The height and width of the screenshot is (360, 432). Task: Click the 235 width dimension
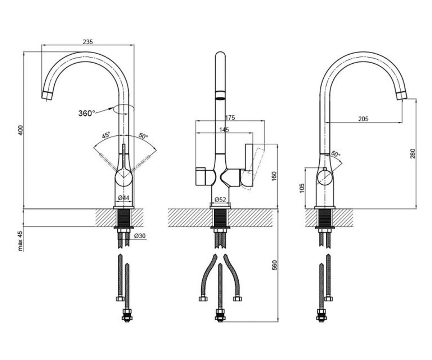(88, 42)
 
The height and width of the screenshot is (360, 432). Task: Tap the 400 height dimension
(21, 130)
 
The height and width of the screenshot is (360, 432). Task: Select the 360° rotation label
(86, 113)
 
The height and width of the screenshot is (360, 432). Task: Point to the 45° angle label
(106, 135)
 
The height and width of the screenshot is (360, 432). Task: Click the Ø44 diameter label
(123, 198)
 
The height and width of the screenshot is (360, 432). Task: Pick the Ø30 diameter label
(140, 236)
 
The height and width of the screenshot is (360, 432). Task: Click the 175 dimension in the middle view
(230, 117)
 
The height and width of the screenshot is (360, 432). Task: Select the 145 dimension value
(224, 130)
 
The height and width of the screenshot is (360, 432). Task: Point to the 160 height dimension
(274, 176)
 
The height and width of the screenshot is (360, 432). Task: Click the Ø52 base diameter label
(220, 199)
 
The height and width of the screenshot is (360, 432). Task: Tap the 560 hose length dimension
(274, 265)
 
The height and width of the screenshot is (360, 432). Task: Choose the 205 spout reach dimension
(363, 119)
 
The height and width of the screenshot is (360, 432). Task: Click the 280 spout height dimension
(413, 153)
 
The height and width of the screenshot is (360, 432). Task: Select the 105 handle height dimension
(302, 188)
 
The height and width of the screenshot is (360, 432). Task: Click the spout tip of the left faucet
(47, 96)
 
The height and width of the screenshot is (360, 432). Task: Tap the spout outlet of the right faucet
(401, 96)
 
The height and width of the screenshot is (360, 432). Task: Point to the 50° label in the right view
(336, 154)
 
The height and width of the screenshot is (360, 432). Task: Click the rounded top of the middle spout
(220, 54)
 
